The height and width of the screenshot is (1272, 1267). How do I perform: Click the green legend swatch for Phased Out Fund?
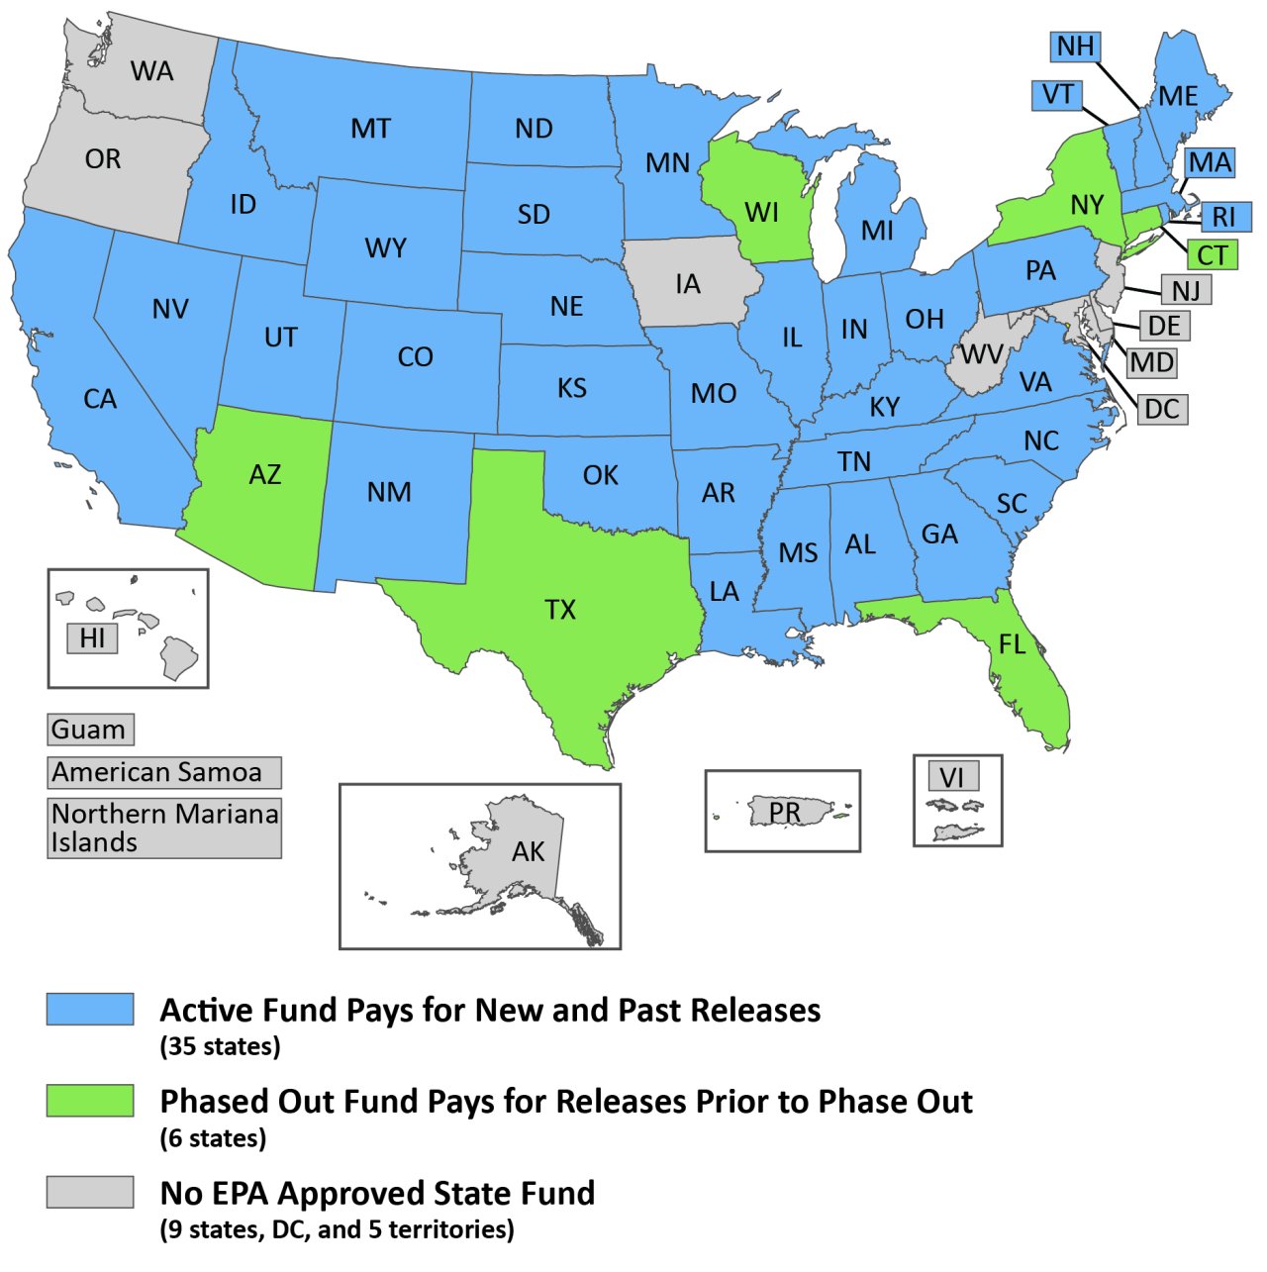pos(90,1101)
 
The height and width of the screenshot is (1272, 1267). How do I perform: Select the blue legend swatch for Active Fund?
pos(90,1009)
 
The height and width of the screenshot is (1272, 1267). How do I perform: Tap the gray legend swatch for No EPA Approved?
pos(90,1192)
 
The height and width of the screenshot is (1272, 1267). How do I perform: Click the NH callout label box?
pos(1075,47)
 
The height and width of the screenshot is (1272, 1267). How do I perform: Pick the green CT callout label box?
pos(1212,255)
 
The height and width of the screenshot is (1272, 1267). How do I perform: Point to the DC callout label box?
pos(1162,409)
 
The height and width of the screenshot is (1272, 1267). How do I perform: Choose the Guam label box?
pos(90,730)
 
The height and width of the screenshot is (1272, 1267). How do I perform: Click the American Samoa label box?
pos(163,772)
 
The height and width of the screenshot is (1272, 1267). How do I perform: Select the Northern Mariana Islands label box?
pos(163,828)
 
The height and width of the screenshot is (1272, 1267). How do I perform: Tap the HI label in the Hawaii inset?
pos(92,638)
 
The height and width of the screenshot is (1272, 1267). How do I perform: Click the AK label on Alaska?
pos(528,851)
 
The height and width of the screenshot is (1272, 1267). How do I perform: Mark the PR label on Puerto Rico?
pos(784,812)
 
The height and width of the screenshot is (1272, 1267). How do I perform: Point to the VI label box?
pos(952,777)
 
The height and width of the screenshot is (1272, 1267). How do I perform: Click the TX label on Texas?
pos(560,610)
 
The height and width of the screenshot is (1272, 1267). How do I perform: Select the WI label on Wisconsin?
pos(761,212)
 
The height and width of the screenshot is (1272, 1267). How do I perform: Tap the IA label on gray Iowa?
pos(688,285)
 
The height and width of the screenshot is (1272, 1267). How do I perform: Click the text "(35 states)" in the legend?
pos(220,1046)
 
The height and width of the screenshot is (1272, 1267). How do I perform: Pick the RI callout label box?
pos(1224,217)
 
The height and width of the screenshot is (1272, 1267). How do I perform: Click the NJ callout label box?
pos(1186,290)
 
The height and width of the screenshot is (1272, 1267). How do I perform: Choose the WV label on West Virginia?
pos(981,354)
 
